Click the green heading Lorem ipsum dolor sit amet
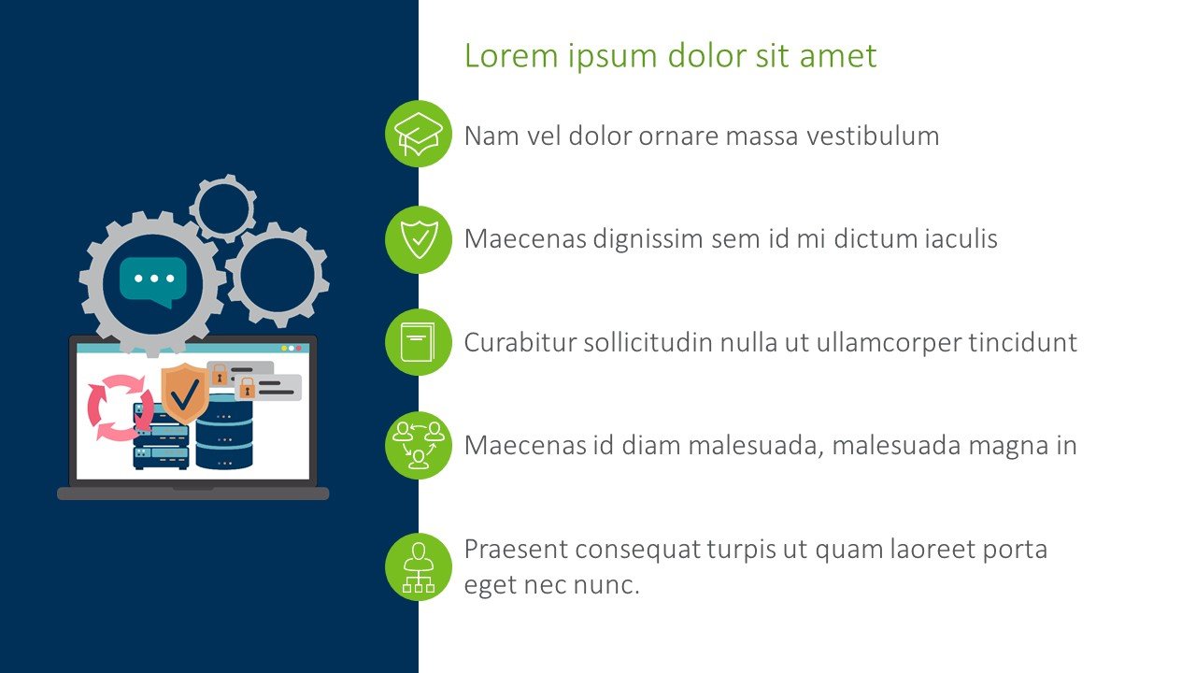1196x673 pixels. pos(670,56)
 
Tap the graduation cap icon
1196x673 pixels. pos(419,135)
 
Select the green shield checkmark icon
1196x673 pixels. pos(419,239)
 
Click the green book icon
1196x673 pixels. pos(419,342)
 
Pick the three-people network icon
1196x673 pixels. pos(419,445)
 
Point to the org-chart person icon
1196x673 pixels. pos(419,566)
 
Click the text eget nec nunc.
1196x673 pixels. pos(551,586)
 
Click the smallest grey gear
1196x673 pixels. pos(223,208)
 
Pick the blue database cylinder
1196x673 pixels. pos(224,432)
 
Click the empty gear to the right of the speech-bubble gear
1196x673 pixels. pos(278,275)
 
